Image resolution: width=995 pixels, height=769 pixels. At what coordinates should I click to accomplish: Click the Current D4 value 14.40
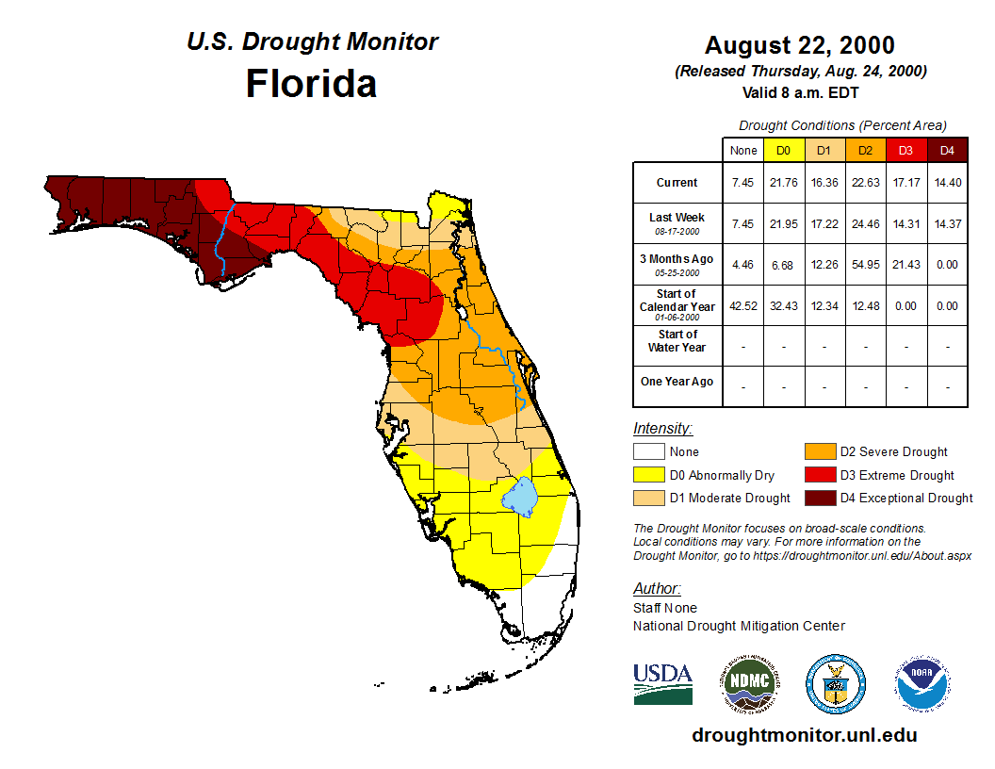pyautogui.click(x=948, y=183)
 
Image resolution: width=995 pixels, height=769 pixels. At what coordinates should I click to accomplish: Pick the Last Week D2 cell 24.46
pyautogui.click(x=866, y=223)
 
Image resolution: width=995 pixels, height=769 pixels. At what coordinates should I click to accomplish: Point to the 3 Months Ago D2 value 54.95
pyautogui.click(x=866, y=265)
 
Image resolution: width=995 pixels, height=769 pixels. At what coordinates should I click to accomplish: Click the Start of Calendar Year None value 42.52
pyautogui.click(x=742, y=305)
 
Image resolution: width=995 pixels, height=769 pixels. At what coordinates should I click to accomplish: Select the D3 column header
pyautogui.click(x=906, y=150)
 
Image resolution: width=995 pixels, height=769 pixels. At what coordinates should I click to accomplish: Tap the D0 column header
pyautogui.click(x=784, y=150)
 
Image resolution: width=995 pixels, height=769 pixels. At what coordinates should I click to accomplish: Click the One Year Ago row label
pyautogui.click(x=677, y=382)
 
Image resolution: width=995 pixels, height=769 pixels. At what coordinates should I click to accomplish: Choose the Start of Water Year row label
pyautogui.click(x=677, y=341)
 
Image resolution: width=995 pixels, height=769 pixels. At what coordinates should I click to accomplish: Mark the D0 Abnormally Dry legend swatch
pyautogui.click(x=648, y=475)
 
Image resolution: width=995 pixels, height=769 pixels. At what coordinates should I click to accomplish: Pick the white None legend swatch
pyautogui.click(x=648, y=452)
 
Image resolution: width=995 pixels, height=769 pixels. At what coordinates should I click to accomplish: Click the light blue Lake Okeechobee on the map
pyautogui.click(x=520, y=496)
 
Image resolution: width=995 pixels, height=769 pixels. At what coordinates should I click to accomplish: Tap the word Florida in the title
pyautogui.click(x=311, y=84)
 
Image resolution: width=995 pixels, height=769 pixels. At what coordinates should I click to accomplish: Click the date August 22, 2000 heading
pyautogui.click(x=799, y=45)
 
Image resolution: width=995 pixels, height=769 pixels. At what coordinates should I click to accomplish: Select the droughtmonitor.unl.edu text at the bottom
pyautogui.click(x=804, y=735)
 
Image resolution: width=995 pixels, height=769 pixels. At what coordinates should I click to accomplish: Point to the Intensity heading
pyautogui.click(x=662, y=428)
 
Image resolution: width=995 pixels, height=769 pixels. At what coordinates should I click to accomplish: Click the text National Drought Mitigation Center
pyautogui.click(x=739, y=626)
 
